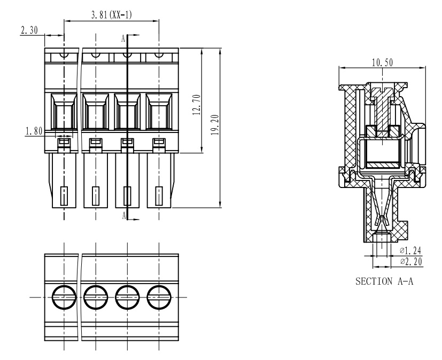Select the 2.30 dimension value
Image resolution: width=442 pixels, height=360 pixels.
(29, 30)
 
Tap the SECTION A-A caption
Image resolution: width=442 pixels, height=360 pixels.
(384, 281)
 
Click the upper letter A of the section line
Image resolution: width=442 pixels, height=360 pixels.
(123, 38)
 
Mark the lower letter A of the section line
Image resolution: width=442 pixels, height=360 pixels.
(123, 215)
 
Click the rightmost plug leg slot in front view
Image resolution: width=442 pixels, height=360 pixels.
(159, 196)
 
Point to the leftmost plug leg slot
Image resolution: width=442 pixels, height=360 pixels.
(64, 196)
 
